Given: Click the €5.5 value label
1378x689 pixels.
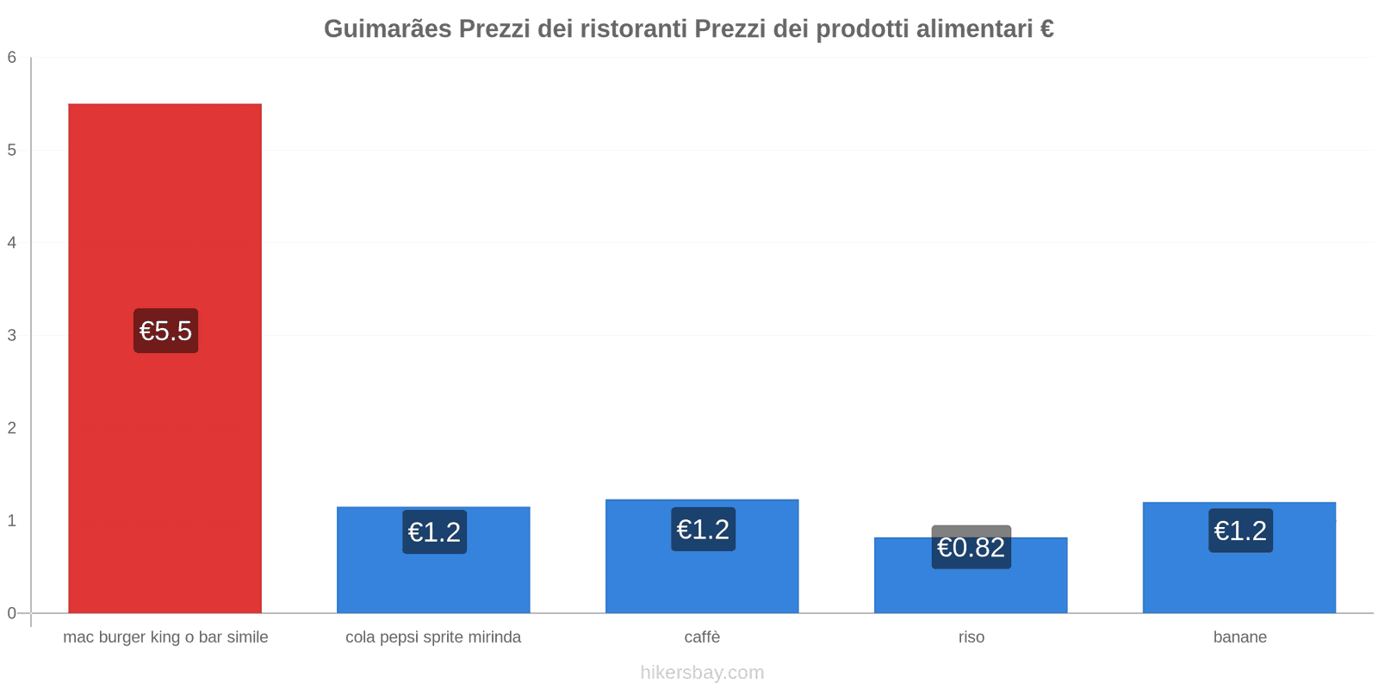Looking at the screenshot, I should click(x=165, y=331).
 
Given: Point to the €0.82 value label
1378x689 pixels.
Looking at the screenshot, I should click(x=971, y=548).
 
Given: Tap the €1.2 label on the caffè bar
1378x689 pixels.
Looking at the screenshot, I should click(x=703, y=530).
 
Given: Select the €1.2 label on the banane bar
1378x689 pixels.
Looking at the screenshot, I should click(x=1240, y=531).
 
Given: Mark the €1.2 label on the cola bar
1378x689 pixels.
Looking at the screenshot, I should click(x=434, y=532).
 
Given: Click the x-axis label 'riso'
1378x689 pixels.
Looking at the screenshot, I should click(x=971, y=637).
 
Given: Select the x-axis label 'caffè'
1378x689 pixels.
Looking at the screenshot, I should click(x=702, y=637).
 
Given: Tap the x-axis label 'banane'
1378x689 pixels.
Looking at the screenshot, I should click(x=1239, y=637).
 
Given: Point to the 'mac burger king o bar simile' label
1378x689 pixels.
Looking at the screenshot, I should click(x=165, y=637).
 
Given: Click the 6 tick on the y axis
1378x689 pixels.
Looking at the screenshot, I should click(x=12, y=58).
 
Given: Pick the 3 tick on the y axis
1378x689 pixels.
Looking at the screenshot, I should click(x=12, y=335).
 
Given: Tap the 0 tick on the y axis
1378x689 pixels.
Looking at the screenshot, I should click(x=12, y=613).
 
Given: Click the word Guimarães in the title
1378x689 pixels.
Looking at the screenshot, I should click(x=388, y=29).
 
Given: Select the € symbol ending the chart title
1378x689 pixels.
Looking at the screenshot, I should click(x=1046, y=29).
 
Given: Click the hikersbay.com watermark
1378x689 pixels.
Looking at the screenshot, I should click(x=702, y=673).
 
